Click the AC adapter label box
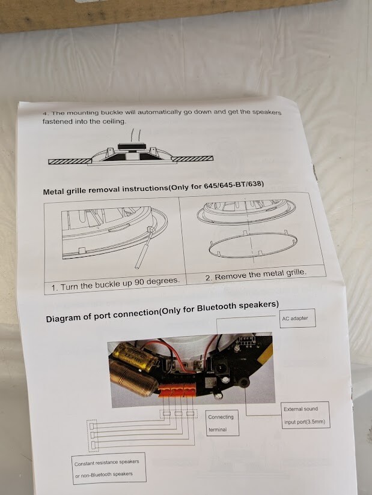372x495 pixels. pos(297,318)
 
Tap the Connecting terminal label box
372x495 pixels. pos(222,423)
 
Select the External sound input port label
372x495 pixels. pos(305,415)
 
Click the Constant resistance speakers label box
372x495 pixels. pos(109,468)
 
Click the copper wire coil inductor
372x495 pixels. pos(133,378)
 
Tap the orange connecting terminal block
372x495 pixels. pos(176,391)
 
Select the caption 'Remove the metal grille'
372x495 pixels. pos(256,274)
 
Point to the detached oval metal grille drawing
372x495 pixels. pos(253,245)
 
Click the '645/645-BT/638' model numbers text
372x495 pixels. pos(234,185)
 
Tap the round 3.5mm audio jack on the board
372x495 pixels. pos(243,383)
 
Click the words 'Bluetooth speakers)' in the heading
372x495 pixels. pos(238,306)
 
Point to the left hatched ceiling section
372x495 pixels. pos(70,161)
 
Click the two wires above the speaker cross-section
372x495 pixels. pos(136,135)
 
